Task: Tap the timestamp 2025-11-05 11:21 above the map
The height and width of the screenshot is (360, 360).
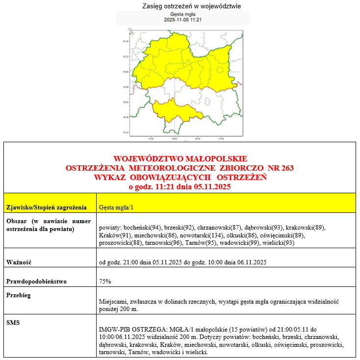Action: (x=183, y=21)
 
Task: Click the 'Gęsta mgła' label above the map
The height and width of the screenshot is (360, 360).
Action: (x=183, y=15)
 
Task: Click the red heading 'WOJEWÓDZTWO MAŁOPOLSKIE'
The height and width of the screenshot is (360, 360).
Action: (x=180, y=159)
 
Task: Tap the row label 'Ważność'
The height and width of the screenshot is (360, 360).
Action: (x=19, y=262)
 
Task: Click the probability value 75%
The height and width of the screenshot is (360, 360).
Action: (x=105, y=282)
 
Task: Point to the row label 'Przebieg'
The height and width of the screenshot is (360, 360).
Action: (x=19, y=296)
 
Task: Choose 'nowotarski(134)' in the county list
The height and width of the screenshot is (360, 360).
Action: (x=195, y=235)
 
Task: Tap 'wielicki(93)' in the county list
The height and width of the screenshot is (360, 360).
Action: (x=278, y=243)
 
